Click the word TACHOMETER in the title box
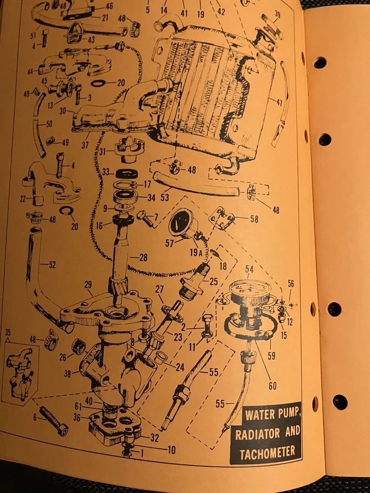point(267,452)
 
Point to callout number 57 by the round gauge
point(170,243)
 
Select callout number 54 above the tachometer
point(249,269)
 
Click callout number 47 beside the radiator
point(279,103)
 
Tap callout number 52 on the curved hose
point(52,265)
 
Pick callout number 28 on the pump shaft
point(142,258)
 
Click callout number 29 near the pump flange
point(88,285)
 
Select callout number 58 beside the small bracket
point(254,219)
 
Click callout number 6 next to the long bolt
point(35,418)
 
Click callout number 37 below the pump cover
point(85,145)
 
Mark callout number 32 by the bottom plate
point(155,438)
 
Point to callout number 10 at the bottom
point(171,450)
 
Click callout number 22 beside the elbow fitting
point(23,199)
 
